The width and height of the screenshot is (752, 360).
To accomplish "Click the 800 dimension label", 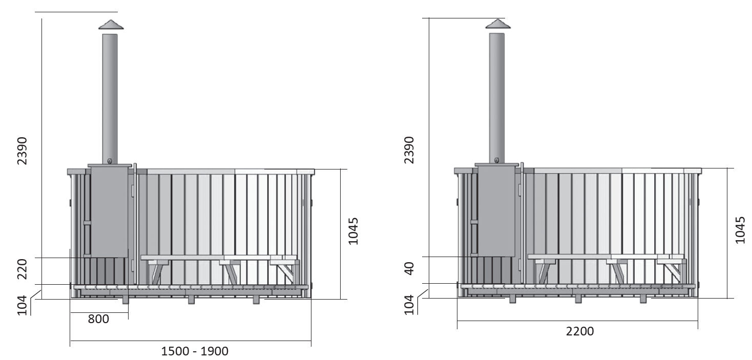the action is (x=98, y=319).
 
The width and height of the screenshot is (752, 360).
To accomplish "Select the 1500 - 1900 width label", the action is (x=195, y=351).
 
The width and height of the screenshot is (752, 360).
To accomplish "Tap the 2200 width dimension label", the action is (x=580, y=331).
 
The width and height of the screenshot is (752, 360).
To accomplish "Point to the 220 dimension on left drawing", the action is (x=22, y=269).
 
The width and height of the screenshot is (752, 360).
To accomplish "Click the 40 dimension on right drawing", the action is (x=409, y=268).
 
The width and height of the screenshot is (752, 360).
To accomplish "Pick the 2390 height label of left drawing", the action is (x=22, y=151).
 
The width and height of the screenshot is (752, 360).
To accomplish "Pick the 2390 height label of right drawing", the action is (x=409, y=150).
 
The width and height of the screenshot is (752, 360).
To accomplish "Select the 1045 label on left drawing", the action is (x=353, y=231).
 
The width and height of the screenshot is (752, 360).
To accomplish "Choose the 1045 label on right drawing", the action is (x=740, y=230).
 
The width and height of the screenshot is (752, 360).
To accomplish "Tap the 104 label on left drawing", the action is (x=22, y=305).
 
